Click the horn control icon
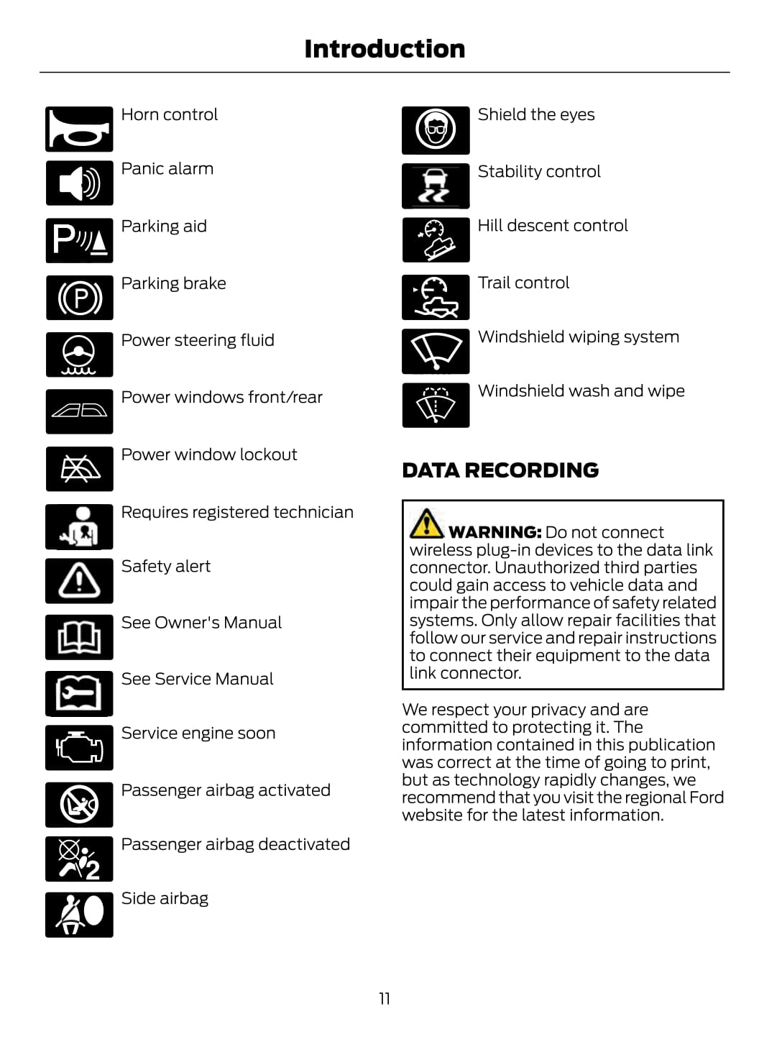tap(79, 129)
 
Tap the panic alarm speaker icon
tap(79, 183)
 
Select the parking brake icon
tap(79, 298)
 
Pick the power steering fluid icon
tap(79, 355)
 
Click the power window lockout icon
tap(79, 469)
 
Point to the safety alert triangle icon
tap(79, 580)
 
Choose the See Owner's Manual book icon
tap(79, 637)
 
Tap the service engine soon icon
tap(79, 748)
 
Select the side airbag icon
tap(79, 915)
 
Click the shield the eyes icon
tap(436, 130)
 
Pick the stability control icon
tap(436, 186)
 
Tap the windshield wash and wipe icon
tap(436, 406)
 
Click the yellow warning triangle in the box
tap(426, 524)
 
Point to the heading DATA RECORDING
tap(500, 470)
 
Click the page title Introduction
tap(385, 49)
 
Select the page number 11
tap(385, 998)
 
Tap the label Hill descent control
tap(552, 226)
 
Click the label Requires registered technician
tap(237, 512)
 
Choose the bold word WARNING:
tap(494, 532)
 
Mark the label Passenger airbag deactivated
tap(235, 844)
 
